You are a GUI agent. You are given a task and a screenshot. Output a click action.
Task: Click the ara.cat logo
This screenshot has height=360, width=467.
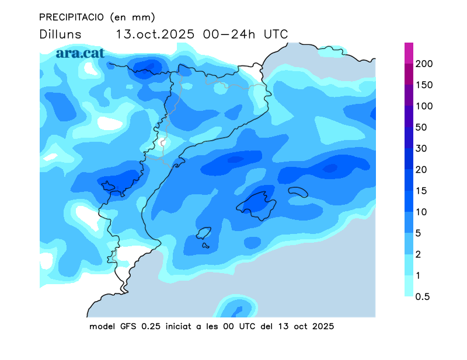pyautogui.click(x=80, y=53)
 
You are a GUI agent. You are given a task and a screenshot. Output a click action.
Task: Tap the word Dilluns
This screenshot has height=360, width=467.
pyautogui.click(x=61, y=34)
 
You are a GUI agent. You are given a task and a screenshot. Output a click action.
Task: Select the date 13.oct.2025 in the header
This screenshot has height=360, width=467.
pyautogui.click(x=155, y=34)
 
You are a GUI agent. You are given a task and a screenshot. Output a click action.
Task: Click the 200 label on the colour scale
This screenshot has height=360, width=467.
pyautogui.click(x=424, y=64)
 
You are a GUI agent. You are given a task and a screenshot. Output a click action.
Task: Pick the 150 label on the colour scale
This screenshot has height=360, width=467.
pyautogui.click(x=424, y=85)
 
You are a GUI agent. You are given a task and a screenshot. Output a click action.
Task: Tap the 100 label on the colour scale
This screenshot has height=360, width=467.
pyautogui.click(x=424, y=106)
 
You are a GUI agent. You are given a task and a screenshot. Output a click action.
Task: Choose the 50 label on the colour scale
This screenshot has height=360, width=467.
pyautogui.click(x=421, y=127)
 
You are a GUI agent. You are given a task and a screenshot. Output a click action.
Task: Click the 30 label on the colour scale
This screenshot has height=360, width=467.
pyautogui.click(x=421, y=148)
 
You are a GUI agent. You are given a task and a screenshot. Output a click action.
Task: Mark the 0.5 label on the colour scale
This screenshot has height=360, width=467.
pyautogui.click(x=422, y=296)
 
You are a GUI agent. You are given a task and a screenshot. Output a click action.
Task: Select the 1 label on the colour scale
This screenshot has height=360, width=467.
pyautogui.click(x=418, y=275)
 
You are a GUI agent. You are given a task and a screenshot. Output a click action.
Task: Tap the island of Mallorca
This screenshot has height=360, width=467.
pyautogui.click(x=256, y=204)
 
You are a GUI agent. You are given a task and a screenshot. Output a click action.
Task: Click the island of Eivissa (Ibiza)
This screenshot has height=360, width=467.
pyautogui.click(x=204, y=234)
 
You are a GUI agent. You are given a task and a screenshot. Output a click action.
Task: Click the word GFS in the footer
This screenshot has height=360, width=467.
pyautogui.click(x=127, y=326)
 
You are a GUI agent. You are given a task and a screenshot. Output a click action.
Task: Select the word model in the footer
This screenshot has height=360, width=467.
pyautogui.click(x=103, y=326)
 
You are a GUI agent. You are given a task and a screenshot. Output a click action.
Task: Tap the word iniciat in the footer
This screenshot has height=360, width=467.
pyautogui.click(x=178, y=326)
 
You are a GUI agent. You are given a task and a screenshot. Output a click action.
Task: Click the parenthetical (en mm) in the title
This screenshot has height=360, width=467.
pyautogui.click(x=133, y=17)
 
